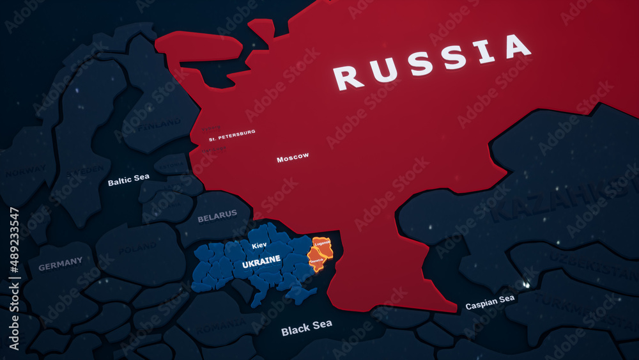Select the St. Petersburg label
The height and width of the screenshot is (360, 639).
232,135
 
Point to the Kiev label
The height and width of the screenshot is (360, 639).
259,246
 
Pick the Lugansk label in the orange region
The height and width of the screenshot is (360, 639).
323,244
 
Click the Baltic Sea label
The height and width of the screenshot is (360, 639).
128,180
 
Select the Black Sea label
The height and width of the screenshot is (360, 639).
307,328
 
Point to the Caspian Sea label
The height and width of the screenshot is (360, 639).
490,302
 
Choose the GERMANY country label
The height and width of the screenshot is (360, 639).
61,263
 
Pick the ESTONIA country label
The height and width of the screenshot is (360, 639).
172,166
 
